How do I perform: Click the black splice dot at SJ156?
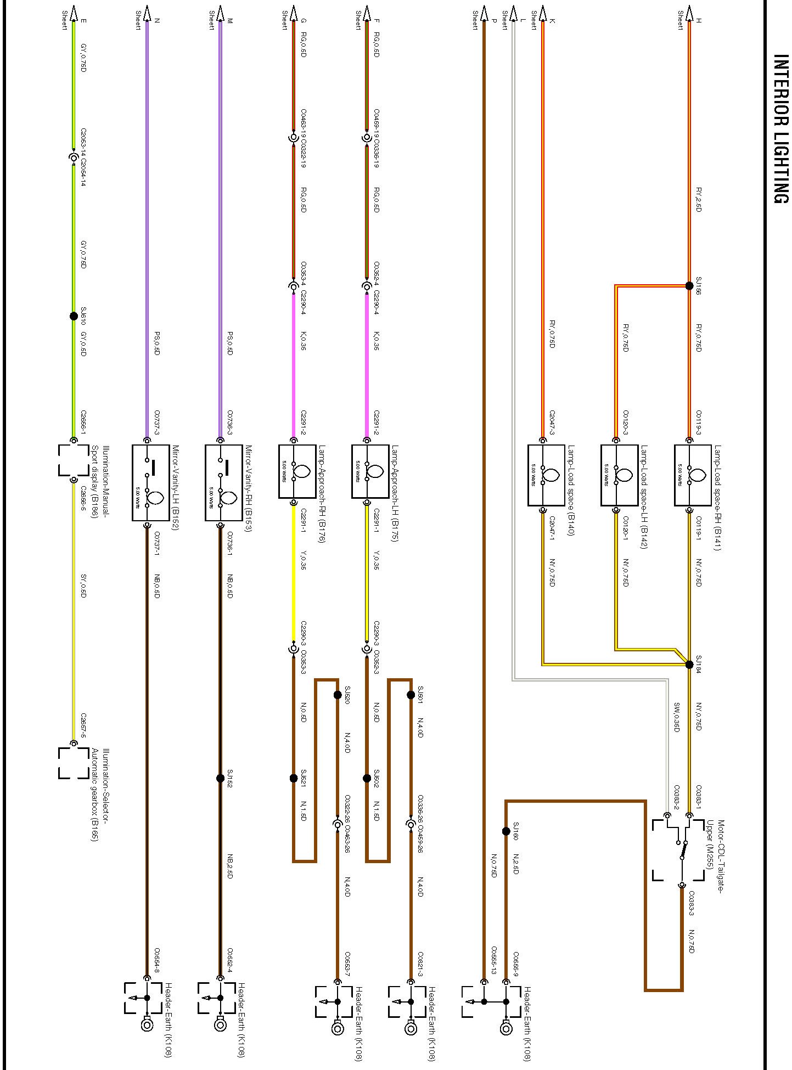pos(689,286)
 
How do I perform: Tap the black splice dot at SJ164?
pos(689,664)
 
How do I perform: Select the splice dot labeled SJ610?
pos(74,316)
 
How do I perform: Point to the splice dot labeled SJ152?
pos(220,778)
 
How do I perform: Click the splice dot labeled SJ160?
pos(506,832)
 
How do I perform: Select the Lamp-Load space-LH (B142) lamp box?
pos(619,475)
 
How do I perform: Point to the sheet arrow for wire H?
pos(689,13)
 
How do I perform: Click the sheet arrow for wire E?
pos(74,13)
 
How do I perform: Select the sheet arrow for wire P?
pos(484,13)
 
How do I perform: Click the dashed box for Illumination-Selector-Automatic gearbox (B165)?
pos(74,763)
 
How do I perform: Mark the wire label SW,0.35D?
pos(677,716)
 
